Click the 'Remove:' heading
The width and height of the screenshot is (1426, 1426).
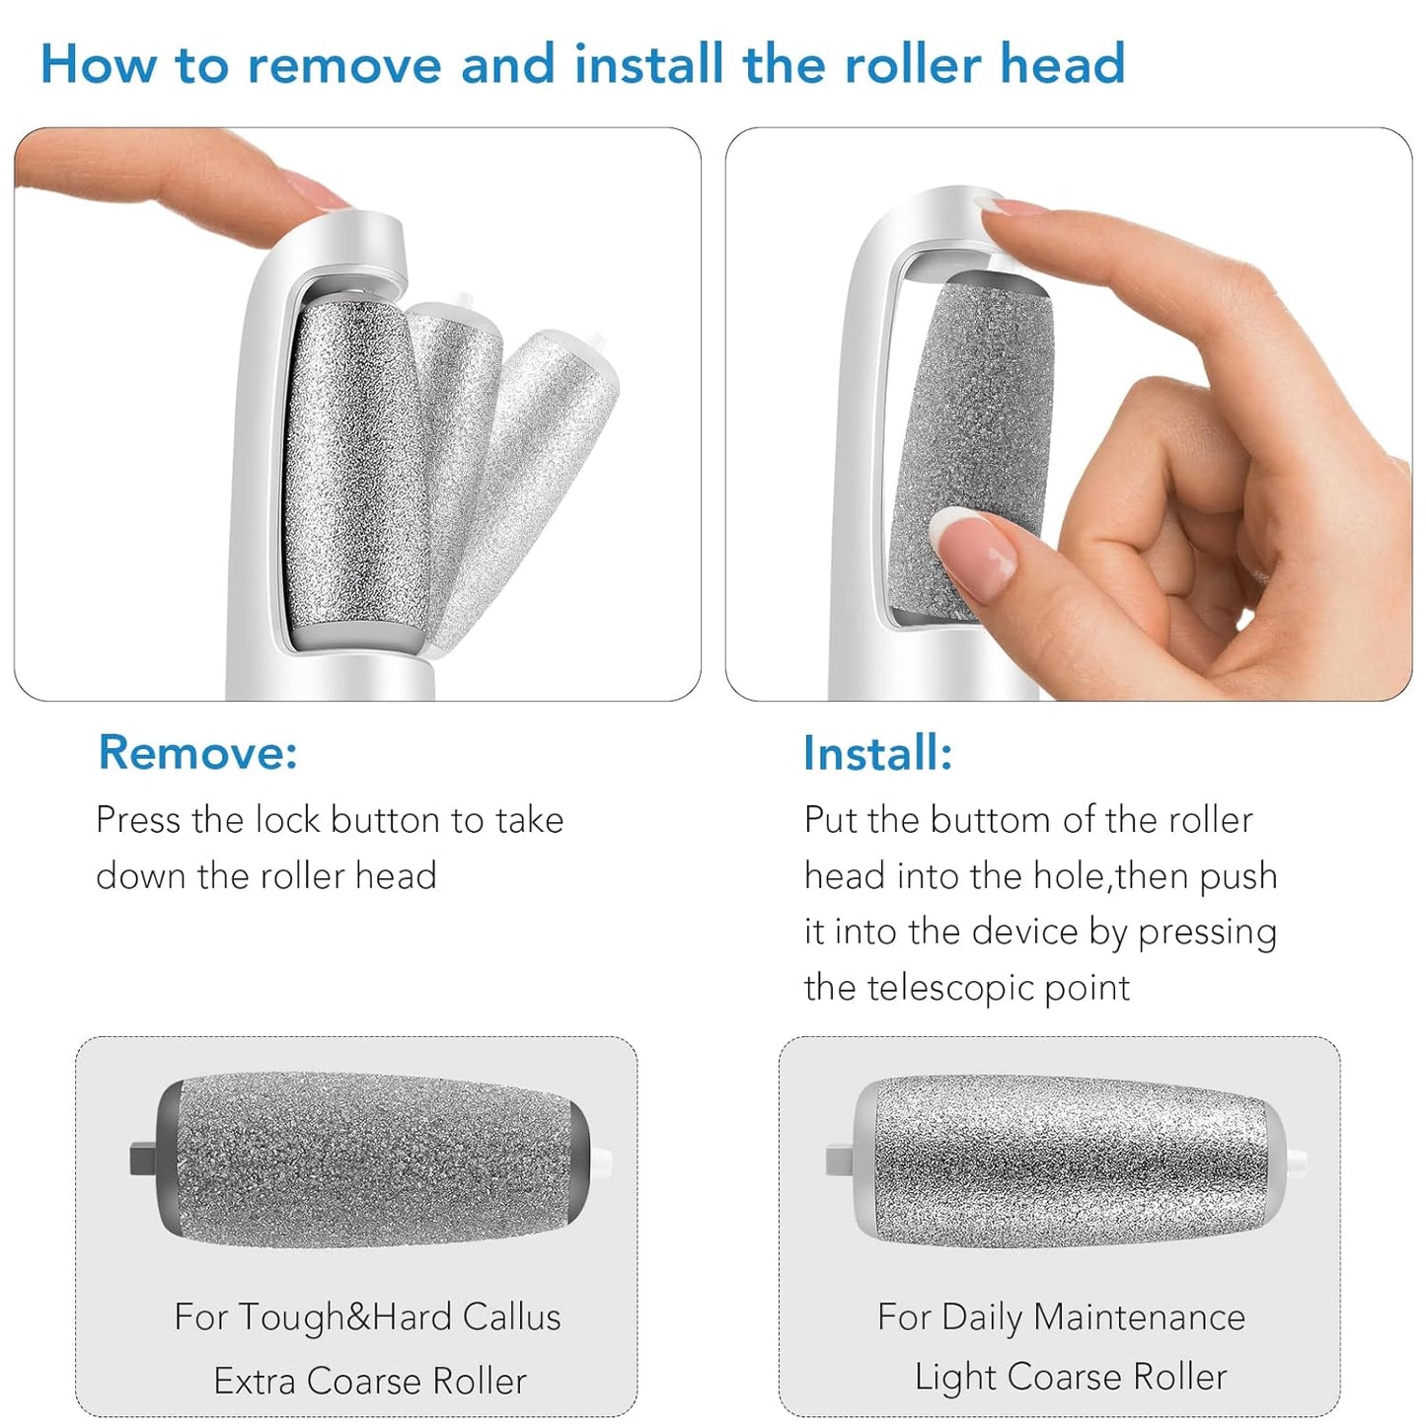click(197, 753)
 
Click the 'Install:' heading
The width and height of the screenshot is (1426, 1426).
click(877, 754)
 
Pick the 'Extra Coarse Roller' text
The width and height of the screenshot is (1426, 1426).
click(370, 1381)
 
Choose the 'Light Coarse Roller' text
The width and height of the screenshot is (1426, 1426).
click(1071, 1377)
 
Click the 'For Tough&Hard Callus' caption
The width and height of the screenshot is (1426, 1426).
click(367, 1317)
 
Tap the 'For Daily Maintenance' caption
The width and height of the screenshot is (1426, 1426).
click(1061, 1317)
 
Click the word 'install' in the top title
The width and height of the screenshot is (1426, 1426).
click(649, 65)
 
